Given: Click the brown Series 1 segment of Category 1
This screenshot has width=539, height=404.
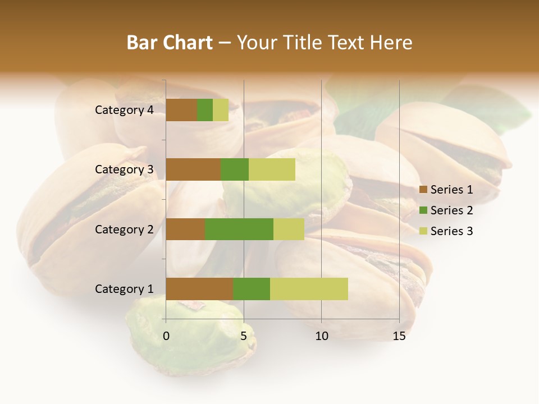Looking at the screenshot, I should coord(199,289).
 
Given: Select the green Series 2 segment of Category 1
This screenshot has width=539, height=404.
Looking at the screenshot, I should coord(252,289).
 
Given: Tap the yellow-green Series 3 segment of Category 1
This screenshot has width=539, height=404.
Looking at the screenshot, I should coord(309,289).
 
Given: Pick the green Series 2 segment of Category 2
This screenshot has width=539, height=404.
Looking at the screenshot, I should coord(239,229).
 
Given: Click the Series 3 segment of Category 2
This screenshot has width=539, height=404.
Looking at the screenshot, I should coord(289,229).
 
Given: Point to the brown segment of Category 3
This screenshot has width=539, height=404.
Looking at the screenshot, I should coord(193,169).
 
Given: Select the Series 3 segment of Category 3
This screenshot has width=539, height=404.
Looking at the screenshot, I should coord(272,169).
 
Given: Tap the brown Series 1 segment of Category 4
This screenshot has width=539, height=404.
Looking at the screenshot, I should coord(181,110).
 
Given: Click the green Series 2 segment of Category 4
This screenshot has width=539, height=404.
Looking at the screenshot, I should coord(205,110).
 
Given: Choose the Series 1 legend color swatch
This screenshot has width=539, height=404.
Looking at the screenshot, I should coord(423,190).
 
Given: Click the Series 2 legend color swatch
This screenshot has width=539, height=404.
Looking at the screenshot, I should coord(423,210).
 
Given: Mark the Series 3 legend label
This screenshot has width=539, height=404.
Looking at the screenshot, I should coord(451,231).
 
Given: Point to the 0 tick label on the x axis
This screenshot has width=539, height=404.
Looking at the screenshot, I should coord(166,336).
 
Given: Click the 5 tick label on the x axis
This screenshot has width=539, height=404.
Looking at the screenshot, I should coord(244,336).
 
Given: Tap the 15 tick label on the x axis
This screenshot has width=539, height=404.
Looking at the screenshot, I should coord(399,336).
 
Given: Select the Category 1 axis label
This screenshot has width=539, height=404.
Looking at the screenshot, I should coord(124,289).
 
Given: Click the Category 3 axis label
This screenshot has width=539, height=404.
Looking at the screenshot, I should coord(124,169).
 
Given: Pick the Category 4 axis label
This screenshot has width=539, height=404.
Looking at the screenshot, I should coord(124,110).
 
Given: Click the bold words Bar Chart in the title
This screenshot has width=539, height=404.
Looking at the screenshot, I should coord(170,43).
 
